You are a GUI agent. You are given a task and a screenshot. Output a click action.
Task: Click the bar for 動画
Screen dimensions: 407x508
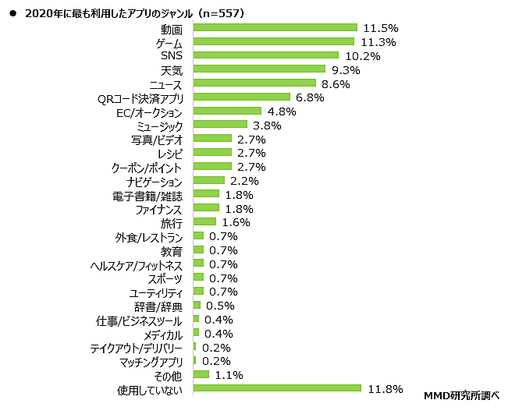pyautogui.click(x=275, y=27)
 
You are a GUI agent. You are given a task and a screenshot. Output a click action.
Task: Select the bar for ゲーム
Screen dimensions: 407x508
pyautogui.click(x=273, y=41)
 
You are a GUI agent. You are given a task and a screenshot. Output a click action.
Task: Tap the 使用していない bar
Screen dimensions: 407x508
pyautogui.click(x=276, y=388)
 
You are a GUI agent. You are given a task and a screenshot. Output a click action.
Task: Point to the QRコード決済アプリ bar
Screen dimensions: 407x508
pyautogui.click(x=240, y=97)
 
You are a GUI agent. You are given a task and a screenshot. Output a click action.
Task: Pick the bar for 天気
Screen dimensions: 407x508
pyautogui.click(x=258, y=69)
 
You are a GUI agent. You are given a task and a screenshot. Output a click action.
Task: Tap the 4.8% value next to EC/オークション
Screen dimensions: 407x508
pyautogui.click(x=282, y=111)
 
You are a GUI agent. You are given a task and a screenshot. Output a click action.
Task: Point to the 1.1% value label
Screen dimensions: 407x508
pyautogui.click(x=229, y=374)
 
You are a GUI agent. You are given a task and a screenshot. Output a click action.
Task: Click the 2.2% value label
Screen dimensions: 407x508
pyautogui.click(x=244, y=180)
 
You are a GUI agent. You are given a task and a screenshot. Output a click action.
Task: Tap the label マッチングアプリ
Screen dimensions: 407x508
pyautogui.click(x=151, y=361)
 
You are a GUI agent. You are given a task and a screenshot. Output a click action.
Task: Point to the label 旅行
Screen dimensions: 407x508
pyautogui.click(x=172, y=222)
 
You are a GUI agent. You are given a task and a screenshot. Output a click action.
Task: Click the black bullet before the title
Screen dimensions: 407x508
pyautogui.click(x=12, y=12)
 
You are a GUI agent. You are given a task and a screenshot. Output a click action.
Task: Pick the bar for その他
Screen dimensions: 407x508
pyautogui.click(x=201, y=374)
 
